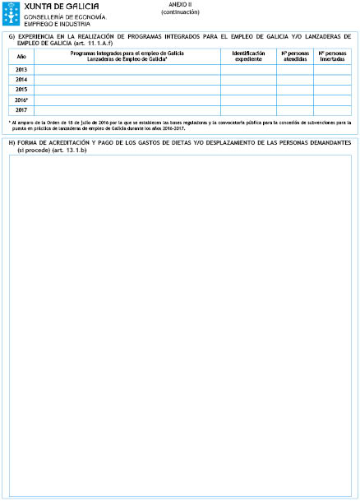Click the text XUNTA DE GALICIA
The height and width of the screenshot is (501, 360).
pyautogui.click(x=57, y=7)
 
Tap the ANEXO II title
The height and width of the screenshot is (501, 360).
pyautogui.click(x=180, y=5)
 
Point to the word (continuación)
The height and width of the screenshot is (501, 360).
pyautogui.click(x=180, y=12)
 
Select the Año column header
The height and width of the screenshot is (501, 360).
pyautogui.click(x=21, y=56)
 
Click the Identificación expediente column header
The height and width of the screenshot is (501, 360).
pyautogui.click(x=248, y=56)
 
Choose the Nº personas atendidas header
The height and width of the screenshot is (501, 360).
pyautogui.click(x=295, y=56)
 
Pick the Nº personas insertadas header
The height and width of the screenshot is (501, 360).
pyautogui.click(x=332, y=56)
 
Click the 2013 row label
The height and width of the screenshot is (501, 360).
pyautogui.click(x=21, y=70)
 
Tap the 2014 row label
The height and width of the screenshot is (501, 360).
pyautogui.click(x=21, y=80)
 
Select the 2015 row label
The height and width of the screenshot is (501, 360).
pyautogui.click(x=21, y=90)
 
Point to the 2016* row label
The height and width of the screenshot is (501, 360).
pyautogui.click(x=22, y=100)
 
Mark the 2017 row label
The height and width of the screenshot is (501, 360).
pyautogui.click(x=21, y=109)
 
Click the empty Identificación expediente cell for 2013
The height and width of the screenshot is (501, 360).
pyautogui.click(x=248, y=70)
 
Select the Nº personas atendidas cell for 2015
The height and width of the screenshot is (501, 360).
pyautogui.click(x=295, y=90)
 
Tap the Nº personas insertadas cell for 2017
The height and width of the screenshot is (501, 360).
pyautogui.click(x=332, y=109)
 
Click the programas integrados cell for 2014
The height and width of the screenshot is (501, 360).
pyautogui.click(x=127, y=80)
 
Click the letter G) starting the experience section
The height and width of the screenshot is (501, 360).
pyautogui.click(x=12, y=36)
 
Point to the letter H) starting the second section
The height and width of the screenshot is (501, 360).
pyautogui.click(x=12, y=143)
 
